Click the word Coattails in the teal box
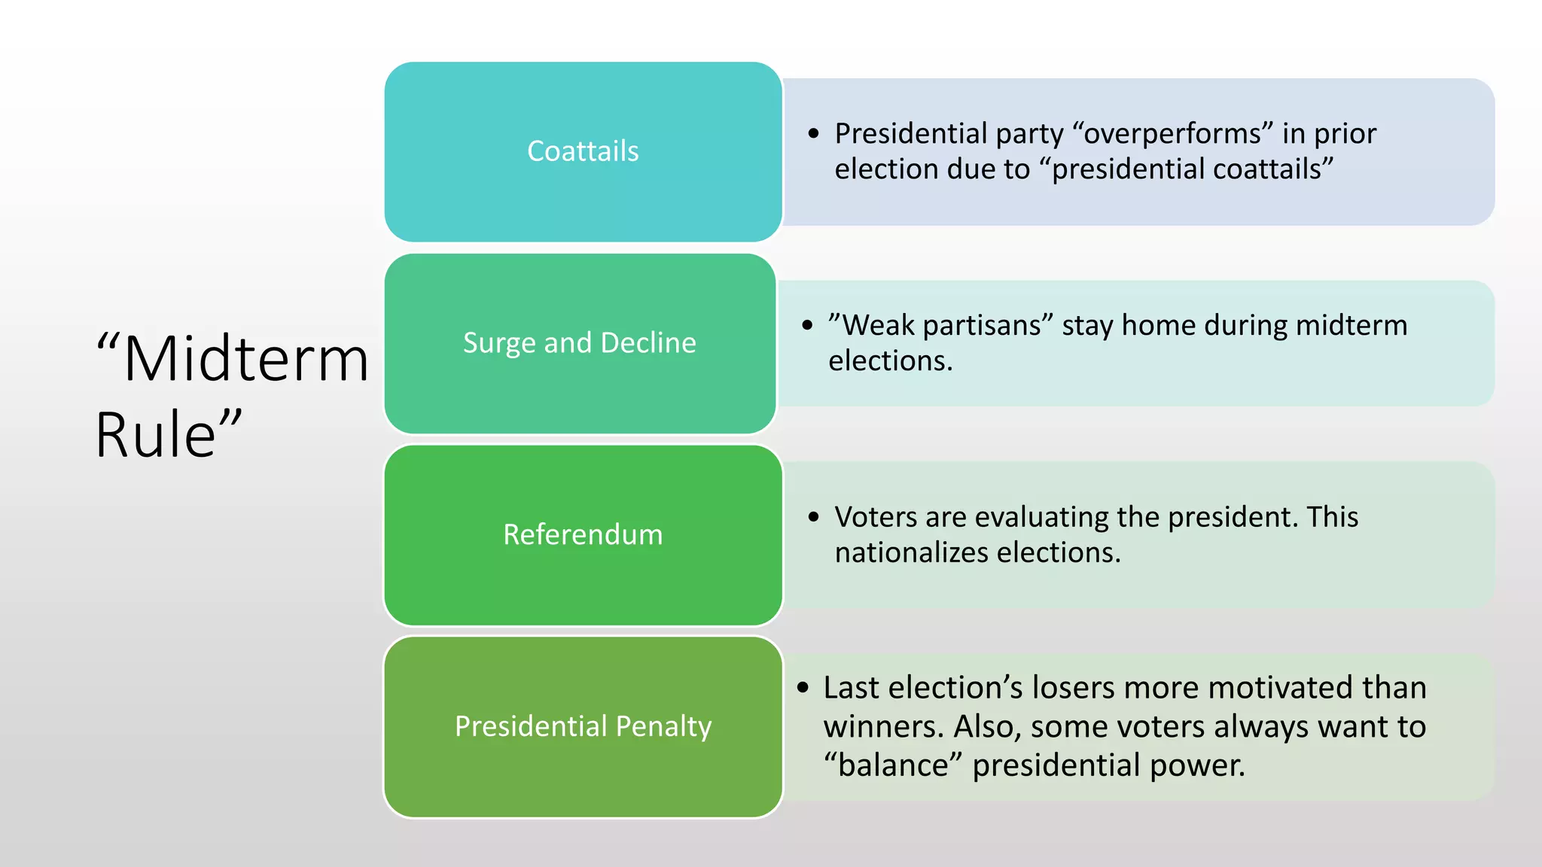pos(583,151)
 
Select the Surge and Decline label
pos(579,343)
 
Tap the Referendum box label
pos(583,534)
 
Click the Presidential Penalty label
pos(583,726)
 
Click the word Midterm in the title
pos(245,360)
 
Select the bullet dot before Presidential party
pos(813,134)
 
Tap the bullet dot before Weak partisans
pos(807,326)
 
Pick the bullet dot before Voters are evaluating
pos(813,517)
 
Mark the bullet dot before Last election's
pos(803,687)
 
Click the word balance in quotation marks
pos(893,765)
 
